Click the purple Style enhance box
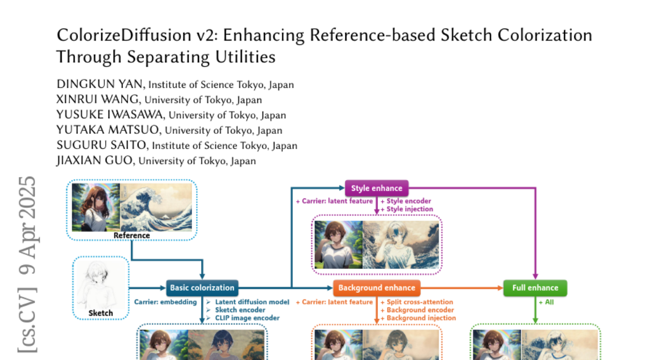tap(376, 188)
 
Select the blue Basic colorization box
tap(202, 288)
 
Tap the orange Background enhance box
tap(376, 288)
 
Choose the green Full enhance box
tap(535, 288)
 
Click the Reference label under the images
tap(132, 235)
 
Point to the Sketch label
tap(101, 313)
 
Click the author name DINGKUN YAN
tap(101, 84)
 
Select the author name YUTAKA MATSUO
tap(109, 130)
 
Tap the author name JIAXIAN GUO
tap(96, 161)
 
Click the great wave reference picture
tap(156, 207)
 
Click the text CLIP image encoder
tap(247, 318)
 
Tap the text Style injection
tap(410, 209)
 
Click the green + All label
tap(546, 302)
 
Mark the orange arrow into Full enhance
tap(461, 288)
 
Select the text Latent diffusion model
tap(252, 302)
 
